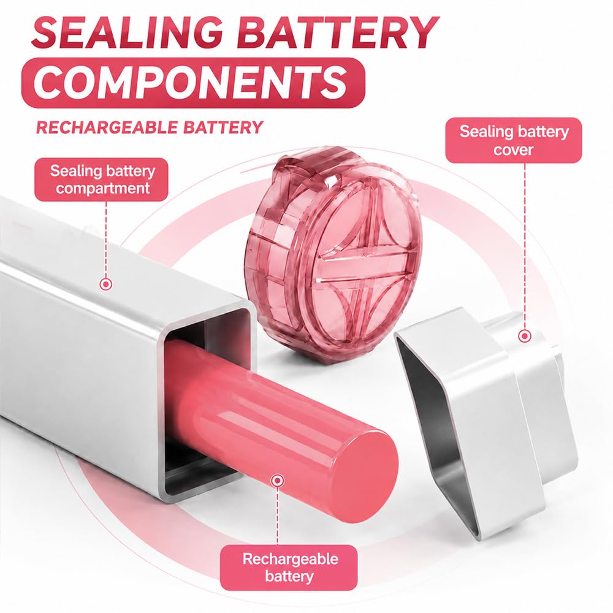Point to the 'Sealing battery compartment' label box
click(102, 180)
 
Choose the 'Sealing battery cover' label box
click(514, 140)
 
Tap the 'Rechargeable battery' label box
click(289, 568)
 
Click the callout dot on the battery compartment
click(106, 284)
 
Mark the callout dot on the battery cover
click(525, 336)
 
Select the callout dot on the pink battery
click(277, 480)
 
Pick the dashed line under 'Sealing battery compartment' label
click(106, 240)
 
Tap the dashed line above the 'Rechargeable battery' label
click(277, 516)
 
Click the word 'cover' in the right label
click(513, 150)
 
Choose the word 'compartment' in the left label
click(103, 188)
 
